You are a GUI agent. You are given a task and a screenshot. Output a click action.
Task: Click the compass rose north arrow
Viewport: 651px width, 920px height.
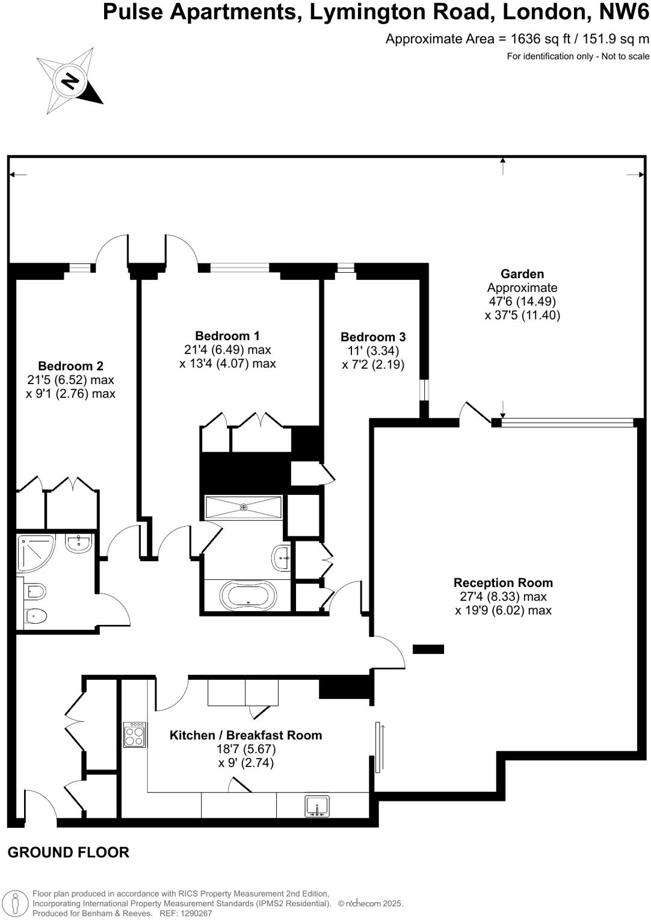[x=70, y=80]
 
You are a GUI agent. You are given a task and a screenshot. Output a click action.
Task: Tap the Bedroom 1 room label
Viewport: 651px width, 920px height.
[x=227, y=336]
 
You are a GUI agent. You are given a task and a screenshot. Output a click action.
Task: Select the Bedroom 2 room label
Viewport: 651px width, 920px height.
[x=70, y=366]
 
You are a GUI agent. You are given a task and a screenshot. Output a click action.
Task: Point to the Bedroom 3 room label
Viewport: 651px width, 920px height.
[x=373, y=337]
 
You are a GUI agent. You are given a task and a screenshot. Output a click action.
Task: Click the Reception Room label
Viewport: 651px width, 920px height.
[x=503, y=583]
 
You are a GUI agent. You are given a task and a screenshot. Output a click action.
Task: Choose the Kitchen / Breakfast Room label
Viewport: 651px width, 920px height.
[x=245, y=735]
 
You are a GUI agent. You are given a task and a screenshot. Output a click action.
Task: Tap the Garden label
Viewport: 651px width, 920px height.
[x=522, y=274]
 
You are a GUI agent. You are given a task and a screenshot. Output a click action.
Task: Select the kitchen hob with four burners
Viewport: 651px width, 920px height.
[x=134, y=734]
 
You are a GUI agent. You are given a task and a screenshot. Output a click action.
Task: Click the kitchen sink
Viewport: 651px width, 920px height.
[x=317, y=806]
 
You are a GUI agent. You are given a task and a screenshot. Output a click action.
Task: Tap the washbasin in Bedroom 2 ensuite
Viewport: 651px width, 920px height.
[x=78, y=544]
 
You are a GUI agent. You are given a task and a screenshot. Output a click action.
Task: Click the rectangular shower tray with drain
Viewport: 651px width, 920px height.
[x=244, y=507]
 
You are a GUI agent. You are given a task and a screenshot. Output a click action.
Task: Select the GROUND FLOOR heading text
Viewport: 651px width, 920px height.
[x=68, y=853]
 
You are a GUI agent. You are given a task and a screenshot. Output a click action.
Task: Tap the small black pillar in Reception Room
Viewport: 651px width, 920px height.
[x=428, y=649]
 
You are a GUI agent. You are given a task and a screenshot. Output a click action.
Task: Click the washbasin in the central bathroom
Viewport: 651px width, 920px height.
[x=282, y=558]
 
